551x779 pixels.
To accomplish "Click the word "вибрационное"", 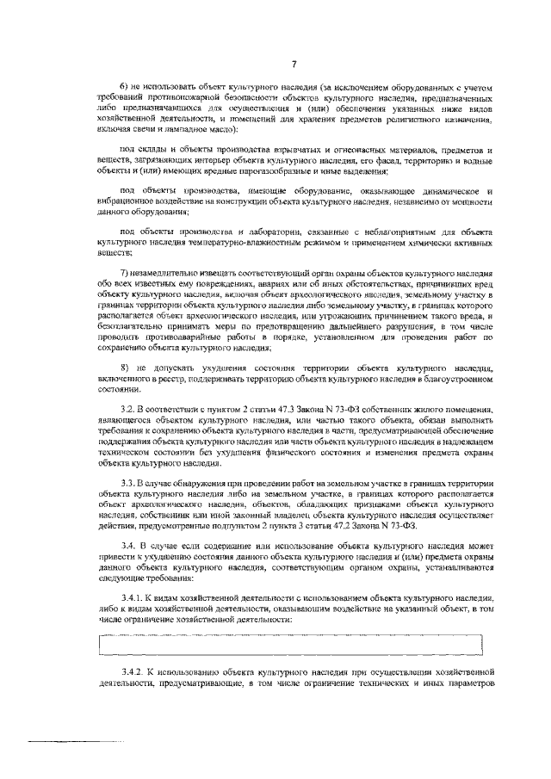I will point(128,202).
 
